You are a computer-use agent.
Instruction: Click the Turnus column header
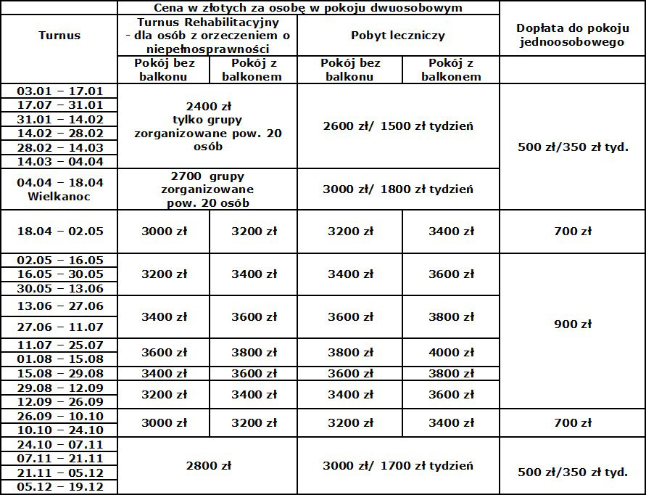[59, 35]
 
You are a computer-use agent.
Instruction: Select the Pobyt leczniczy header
[398, 35]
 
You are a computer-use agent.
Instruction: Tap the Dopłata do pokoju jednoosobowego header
[572, 35]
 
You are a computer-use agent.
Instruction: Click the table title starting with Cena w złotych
[309, 8]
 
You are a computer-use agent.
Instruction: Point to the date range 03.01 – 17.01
[59, 91]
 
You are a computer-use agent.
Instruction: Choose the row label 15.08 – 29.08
[59, 373]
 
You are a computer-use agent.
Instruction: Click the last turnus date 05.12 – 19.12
[59, 487]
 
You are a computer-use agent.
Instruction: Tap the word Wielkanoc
[59, 196]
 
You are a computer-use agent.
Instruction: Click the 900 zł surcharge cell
[572, 324]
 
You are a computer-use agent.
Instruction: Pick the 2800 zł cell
[207, 465]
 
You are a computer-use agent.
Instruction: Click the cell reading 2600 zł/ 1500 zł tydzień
[398, 126]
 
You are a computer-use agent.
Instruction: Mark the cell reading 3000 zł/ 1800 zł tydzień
[398, 189]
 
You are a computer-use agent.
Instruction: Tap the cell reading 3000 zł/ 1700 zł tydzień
[398, 465]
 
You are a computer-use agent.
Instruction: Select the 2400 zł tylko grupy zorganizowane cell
[207, 126]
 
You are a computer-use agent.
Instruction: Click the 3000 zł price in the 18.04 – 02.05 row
[164, 232]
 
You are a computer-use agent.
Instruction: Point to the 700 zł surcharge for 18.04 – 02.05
[572, 232]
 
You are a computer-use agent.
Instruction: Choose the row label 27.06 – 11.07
[59, 327]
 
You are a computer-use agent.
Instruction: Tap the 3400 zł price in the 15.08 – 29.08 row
[164, 373]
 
